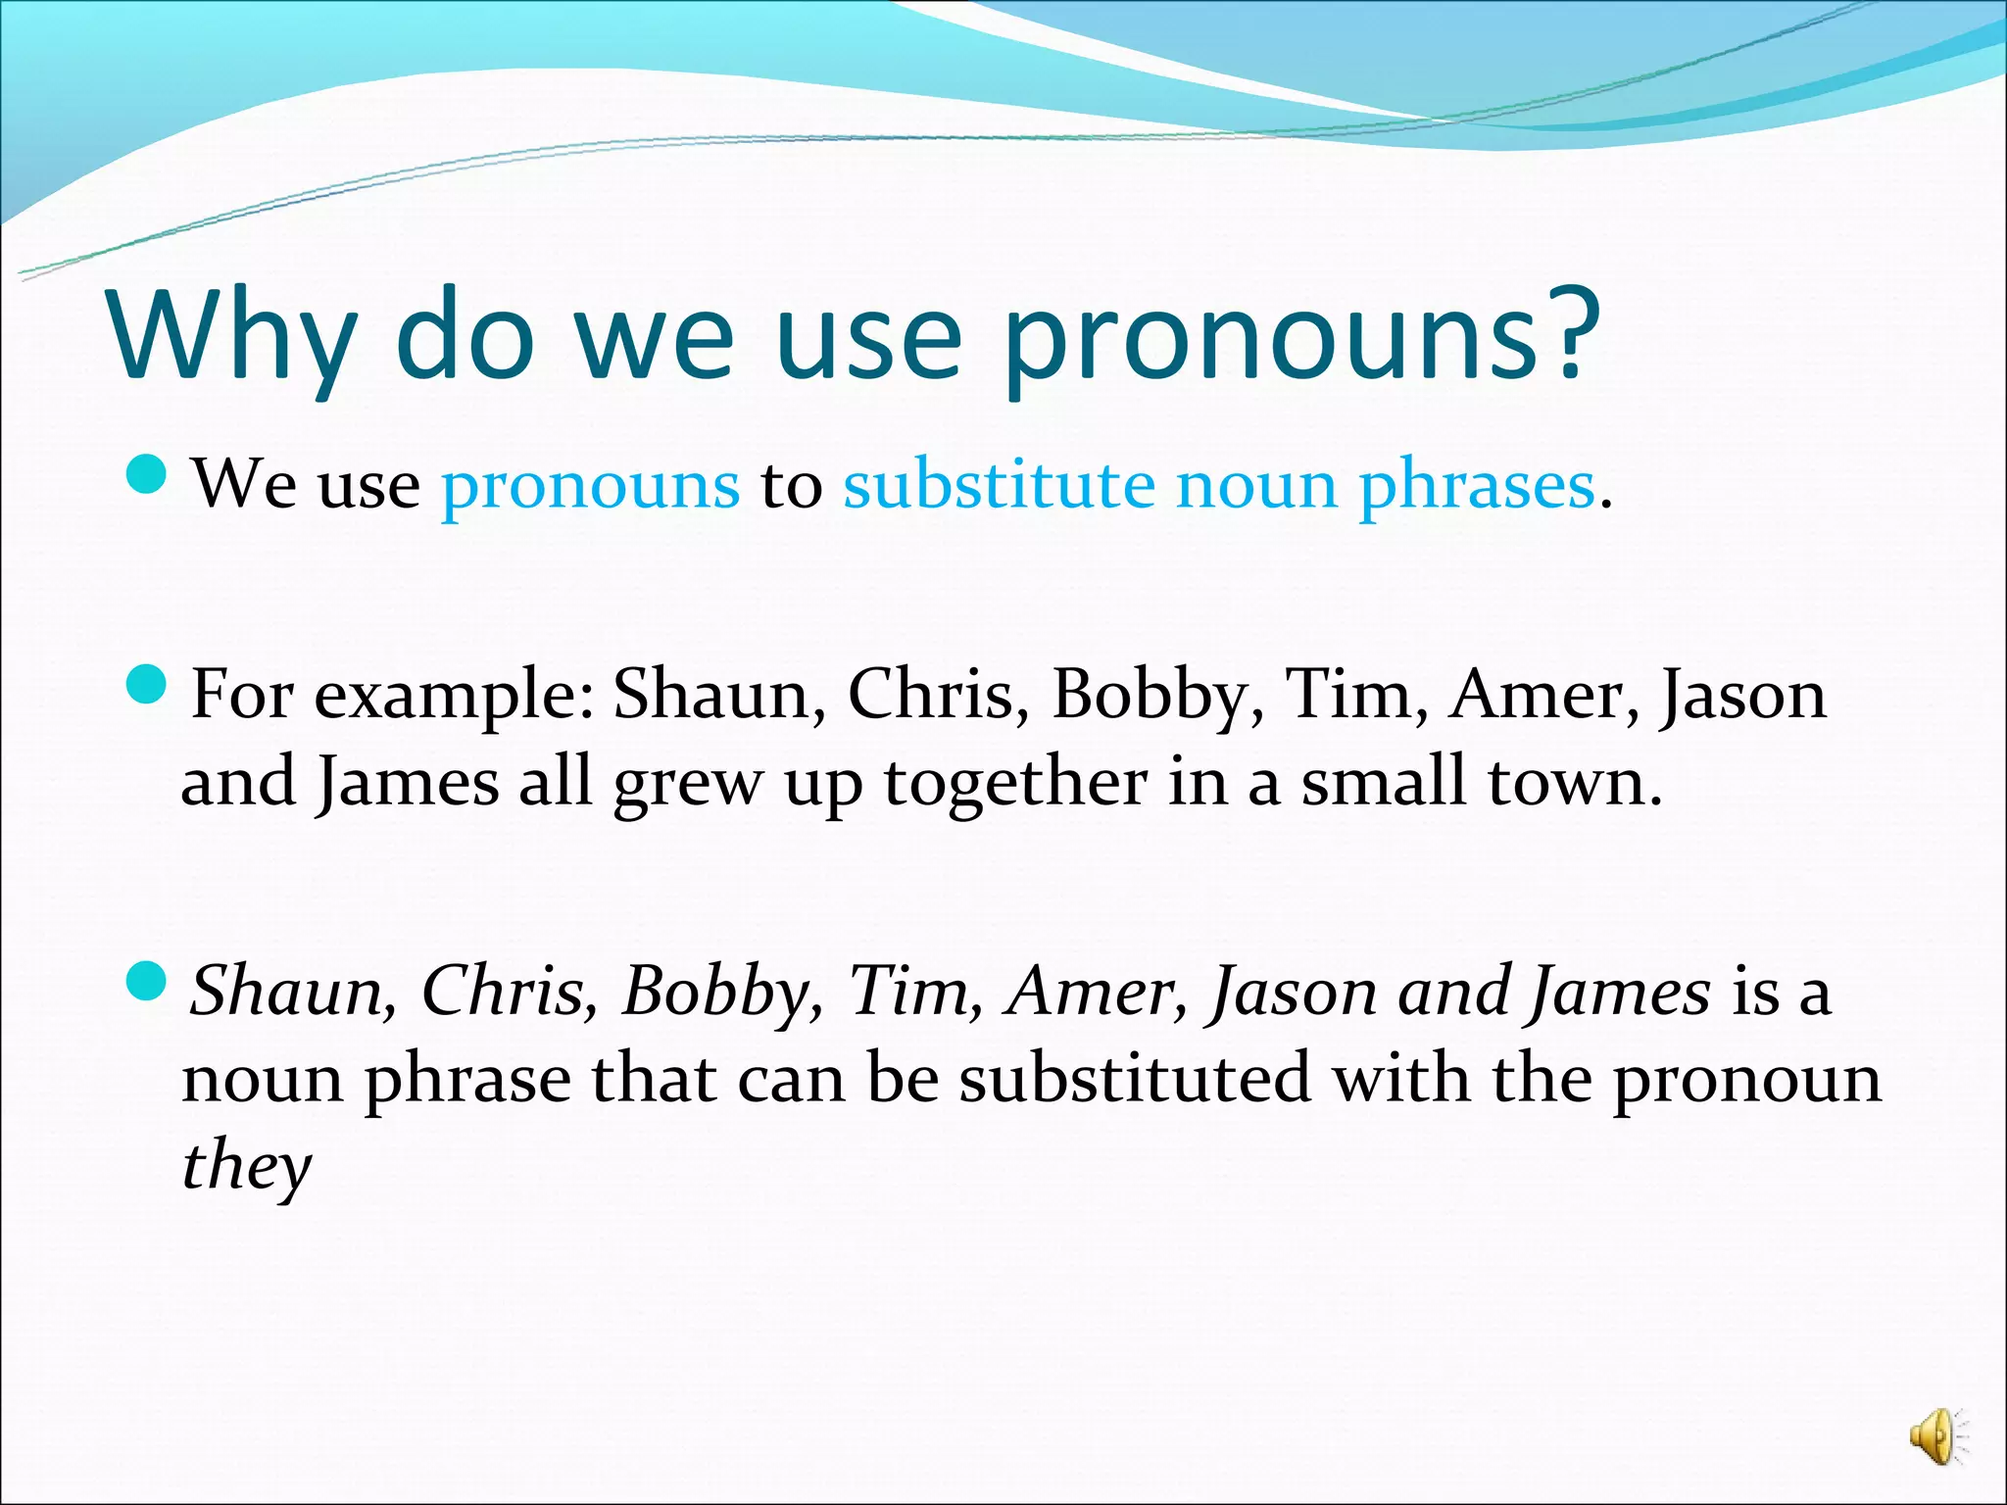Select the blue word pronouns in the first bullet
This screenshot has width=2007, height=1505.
point(590,487)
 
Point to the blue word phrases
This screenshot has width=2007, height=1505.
point(1476,487)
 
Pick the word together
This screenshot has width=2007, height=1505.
point(1014,784)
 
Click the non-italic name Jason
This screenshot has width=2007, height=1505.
point(1741,697)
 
